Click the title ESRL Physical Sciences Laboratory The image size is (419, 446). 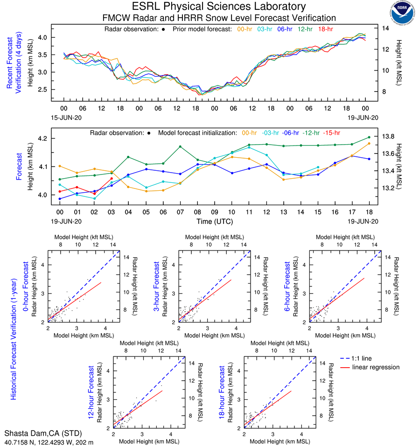[x=219, y=7]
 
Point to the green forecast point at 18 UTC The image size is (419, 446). [x=369, y=137]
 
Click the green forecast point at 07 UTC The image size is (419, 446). [x=180, y=146]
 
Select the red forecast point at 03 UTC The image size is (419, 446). [x=112, y=179]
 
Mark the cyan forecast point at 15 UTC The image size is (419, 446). [x=318, y=167]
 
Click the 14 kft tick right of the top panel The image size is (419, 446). [x=386, y=28]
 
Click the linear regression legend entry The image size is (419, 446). [x=376, y=367]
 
